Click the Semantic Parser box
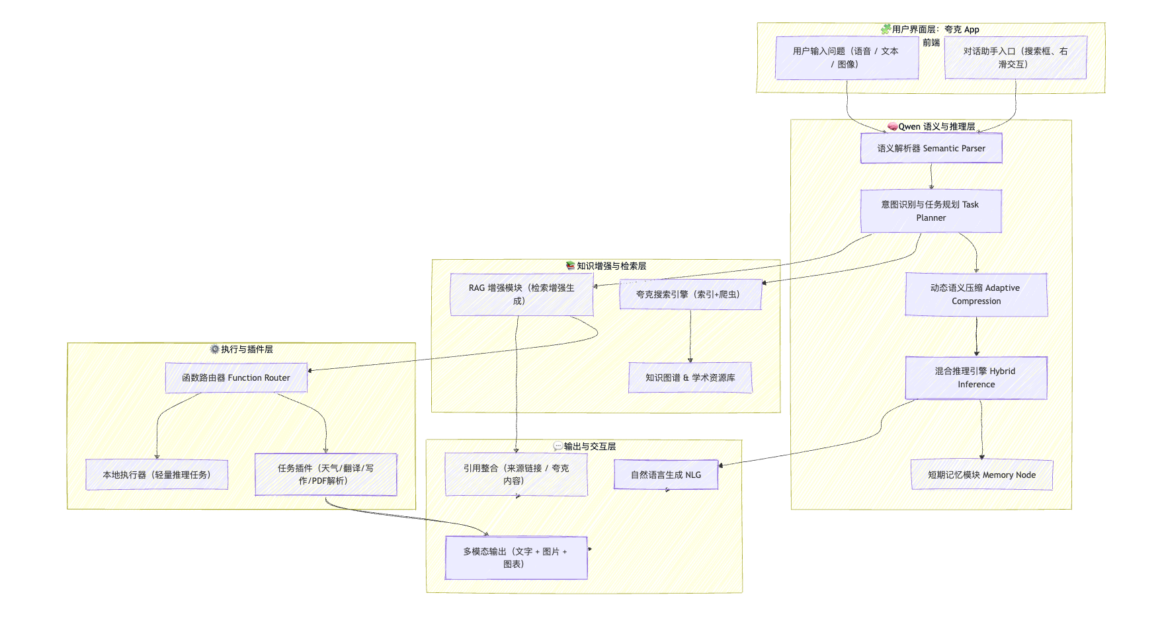pos(931,148)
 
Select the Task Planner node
pos(931,211)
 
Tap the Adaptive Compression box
pos(976,294)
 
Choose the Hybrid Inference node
pos(976,377)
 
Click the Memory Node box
pos(981,475)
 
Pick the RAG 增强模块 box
pos(521,294)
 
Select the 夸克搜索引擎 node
pos(690,294)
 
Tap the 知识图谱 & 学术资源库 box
pos(690,377)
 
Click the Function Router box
pos(236,377)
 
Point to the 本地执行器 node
pos(157,475)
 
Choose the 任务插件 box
pos(325,474)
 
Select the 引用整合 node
pos(516,474)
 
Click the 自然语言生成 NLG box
pos(666,475)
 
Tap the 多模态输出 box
pos(516,557)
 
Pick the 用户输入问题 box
pos(847,58)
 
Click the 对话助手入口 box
pos(1015,58)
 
